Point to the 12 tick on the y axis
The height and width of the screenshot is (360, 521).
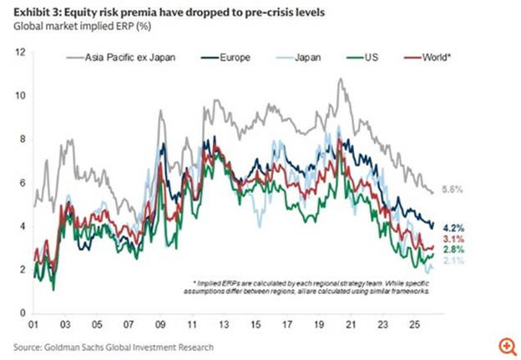[22, 53]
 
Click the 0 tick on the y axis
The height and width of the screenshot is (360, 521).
[23, 312]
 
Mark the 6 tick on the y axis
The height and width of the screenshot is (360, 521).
[23, 183]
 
